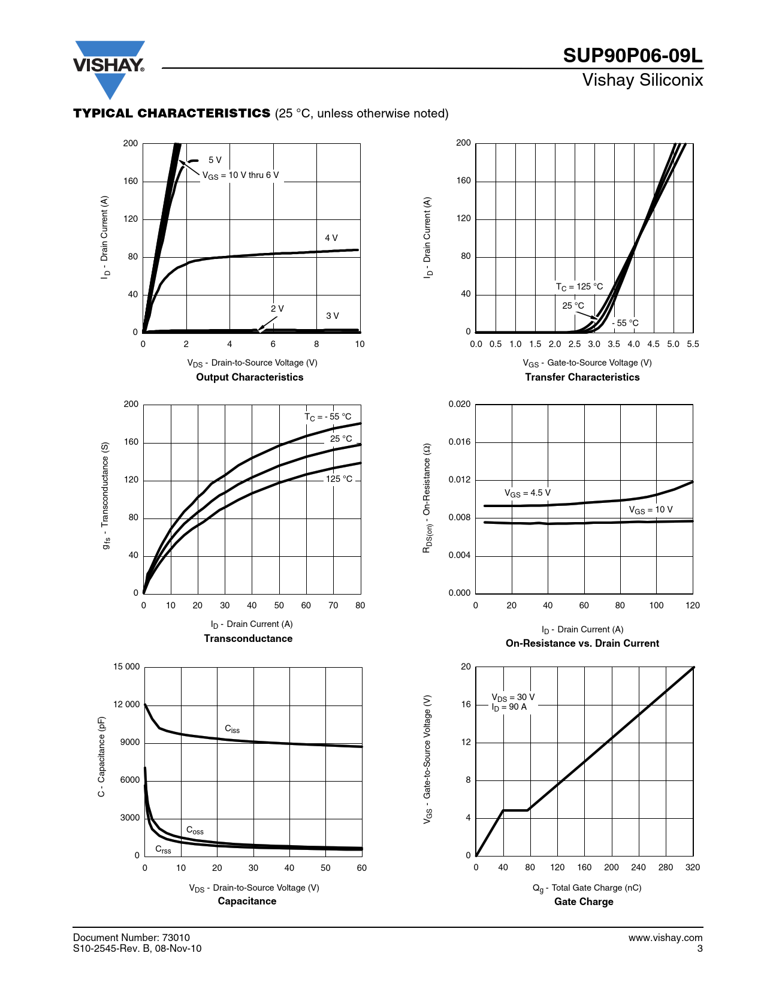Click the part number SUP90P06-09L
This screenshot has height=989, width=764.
pyautogui.click(x=632, y=56)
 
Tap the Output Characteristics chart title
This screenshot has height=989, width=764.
pyautogui.click(x=249, y=377)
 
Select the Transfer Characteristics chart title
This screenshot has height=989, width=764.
pyautogui.click(x=582, y=377)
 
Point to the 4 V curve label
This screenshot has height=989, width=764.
pyautogui.click(x=331, y=238)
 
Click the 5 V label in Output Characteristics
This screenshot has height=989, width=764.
pyautogui.click(x=215, y=160)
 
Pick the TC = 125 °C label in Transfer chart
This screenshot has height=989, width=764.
pyautogui.click(x=579, y=287)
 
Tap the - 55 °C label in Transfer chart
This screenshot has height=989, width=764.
pyautogui.click(x=625, y=323)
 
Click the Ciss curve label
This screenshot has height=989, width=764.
pyautogui.click(x=232, y=729)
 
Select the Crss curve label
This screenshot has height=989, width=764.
pyautogui.click(x=163, y=849)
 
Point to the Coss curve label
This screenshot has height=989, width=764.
pyautogui.click(x=195, y=830)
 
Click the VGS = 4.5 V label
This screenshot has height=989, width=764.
pyautogui.click(x=527, y=493)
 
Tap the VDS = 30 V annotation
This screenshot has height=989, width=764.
pyautogui.click(x=513, y=697)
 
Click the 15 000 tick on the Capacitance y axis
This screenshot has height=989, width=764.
pyautogui.click(x=126, y=667)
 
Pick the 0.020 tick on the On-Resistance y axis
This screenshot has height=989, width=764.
pyautogui.click(x=460, y=404)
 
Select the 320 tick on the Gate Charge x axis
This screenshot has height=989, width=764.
pyautogui.click(x=692, y=867)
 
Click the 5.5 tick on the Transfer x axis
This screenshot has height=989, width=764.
pyautogui.click(x=693, y=344)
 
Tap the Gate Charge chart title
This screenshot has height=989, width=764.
pyautogui.click(x=584, y=902)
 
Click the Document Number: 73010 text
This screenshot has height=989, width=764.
pyautogui.click(x=131, y=937)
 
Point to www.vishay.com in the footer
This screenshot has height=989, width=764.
pyautogui.click(x=665, y=937)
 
